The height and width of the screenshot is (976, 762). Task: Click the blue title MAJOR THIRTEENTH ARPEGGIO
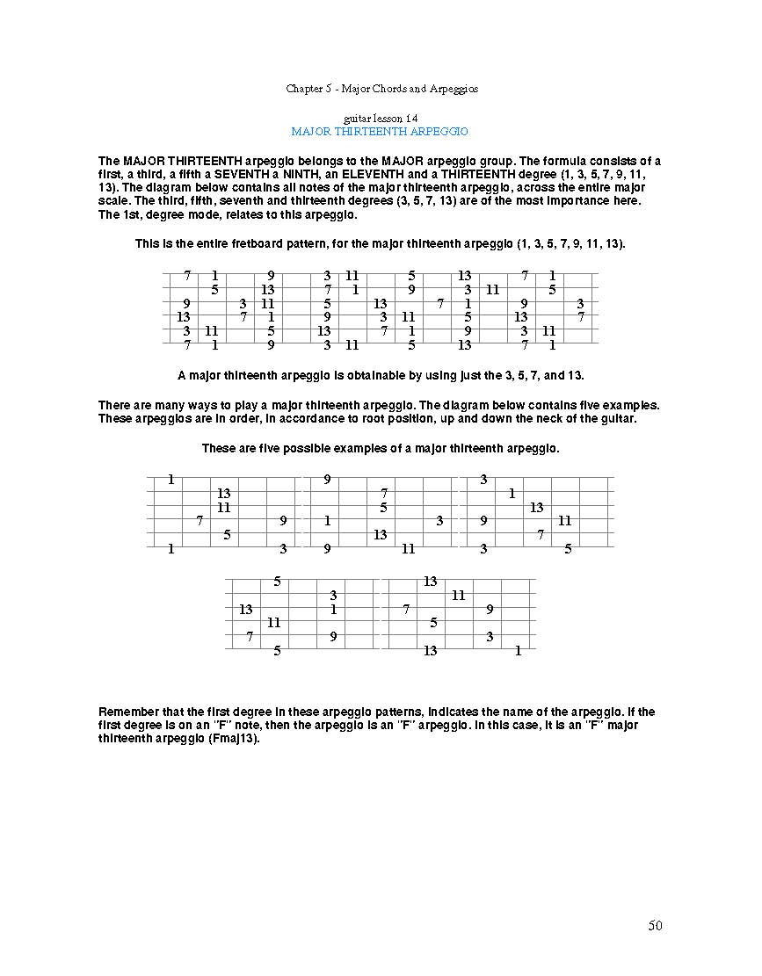(x=380, y=131)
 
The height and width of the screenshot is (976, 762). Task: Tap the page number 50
(x=655, y=925)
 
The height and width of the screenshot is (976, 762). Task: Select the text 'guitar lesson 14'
(x=381, y=118)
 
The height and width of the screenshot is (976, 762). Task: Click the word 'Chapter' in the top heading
(x=303, y=89)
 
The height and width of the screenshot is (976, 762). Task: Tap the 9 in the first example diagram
(x=283, y=521)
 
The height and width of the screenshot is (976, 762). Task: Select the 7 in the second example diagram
(x=383, y=494)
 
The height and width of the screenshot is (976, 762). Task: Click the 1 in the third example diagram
(x=512, y=494)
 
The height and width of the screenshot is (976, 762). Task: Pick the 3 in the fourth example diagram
(x=333, y=596)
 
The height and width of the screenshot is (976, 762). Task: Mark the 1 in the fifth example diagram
(x=518, y=651)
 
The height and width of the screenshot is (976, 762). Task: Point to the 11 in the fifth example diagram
(x=458, y=596)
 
